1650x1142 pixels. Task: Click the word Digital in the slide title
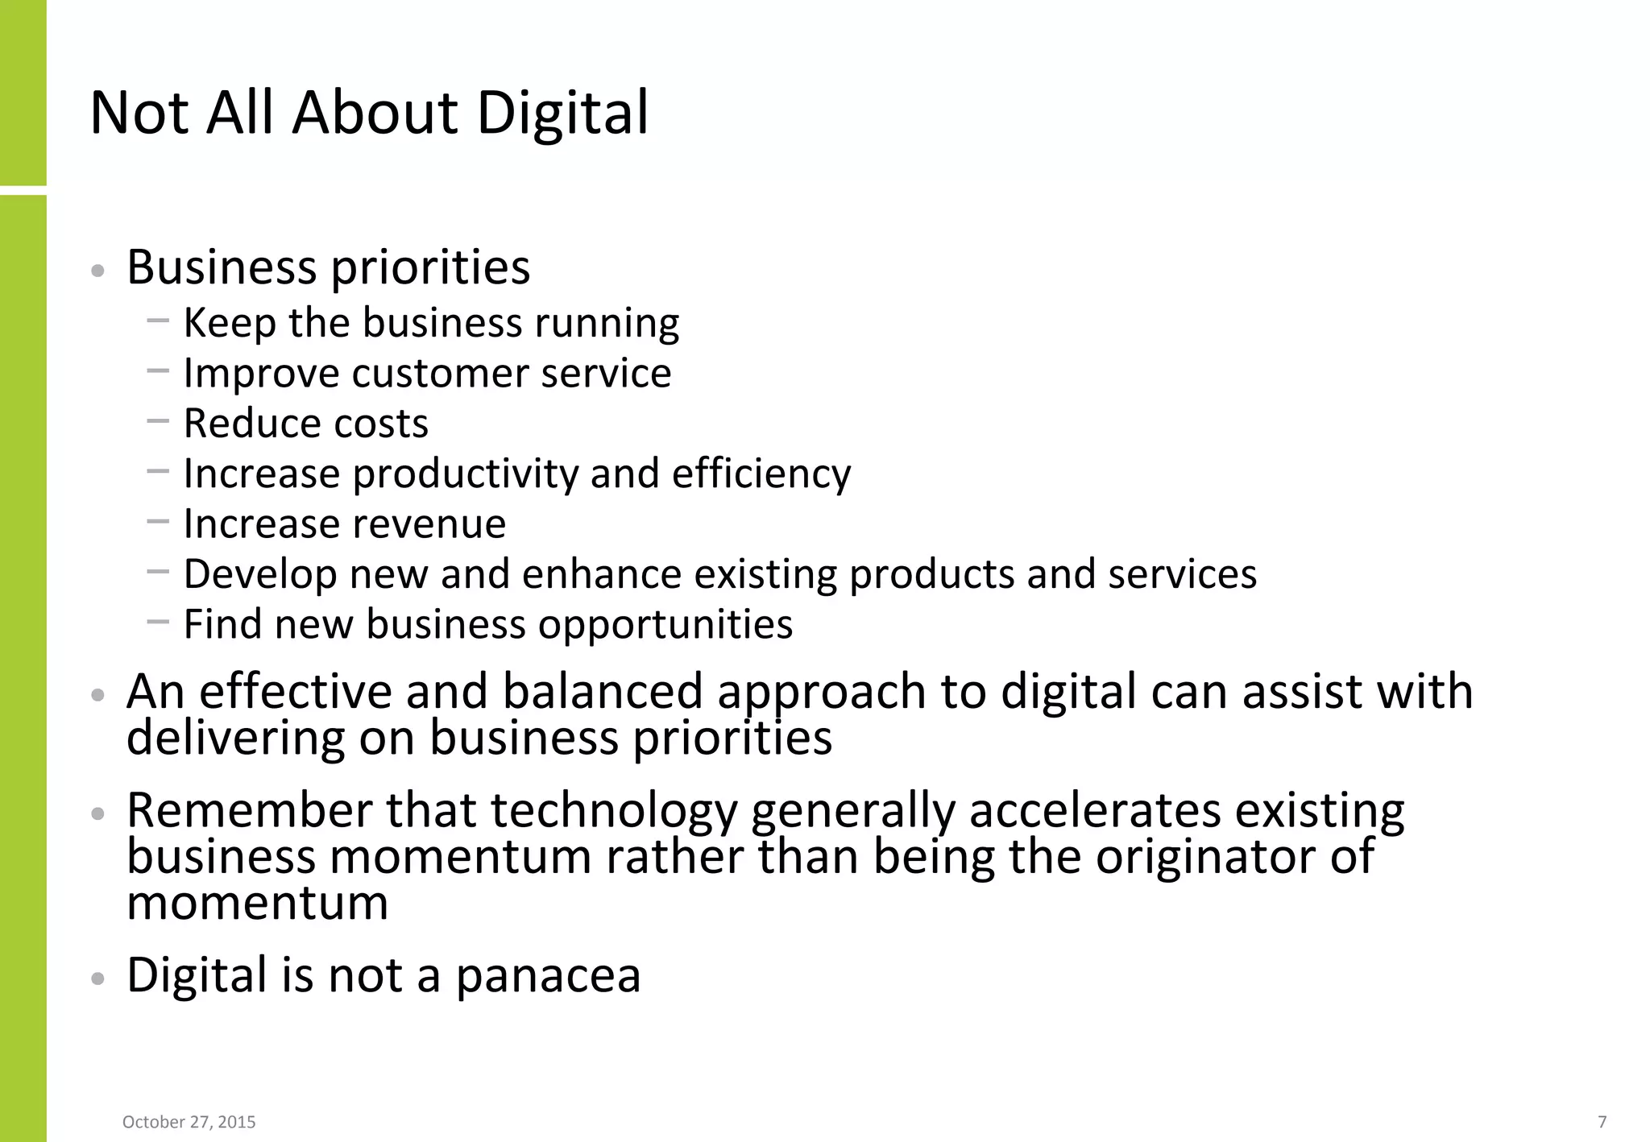pos(562,113)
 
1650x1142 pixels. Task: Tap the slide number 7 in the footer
pos(1602,1121)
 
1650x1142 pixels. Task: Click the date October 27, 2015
pos(189,1122)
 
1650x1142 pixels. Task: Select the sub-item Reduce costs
pos(305,424)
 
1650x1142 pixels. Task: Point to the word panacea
pos(548,976)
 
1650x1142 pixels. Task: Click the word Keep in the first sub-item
pos(229,323)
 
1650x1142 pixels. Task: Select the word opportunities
pos(665,625)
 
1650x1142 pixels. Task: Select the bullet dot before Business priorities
pos(98,271)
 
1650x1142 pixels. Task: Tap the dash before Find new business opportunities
pos(159,622)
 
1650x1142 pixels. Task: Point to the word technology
pos(614,810)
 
